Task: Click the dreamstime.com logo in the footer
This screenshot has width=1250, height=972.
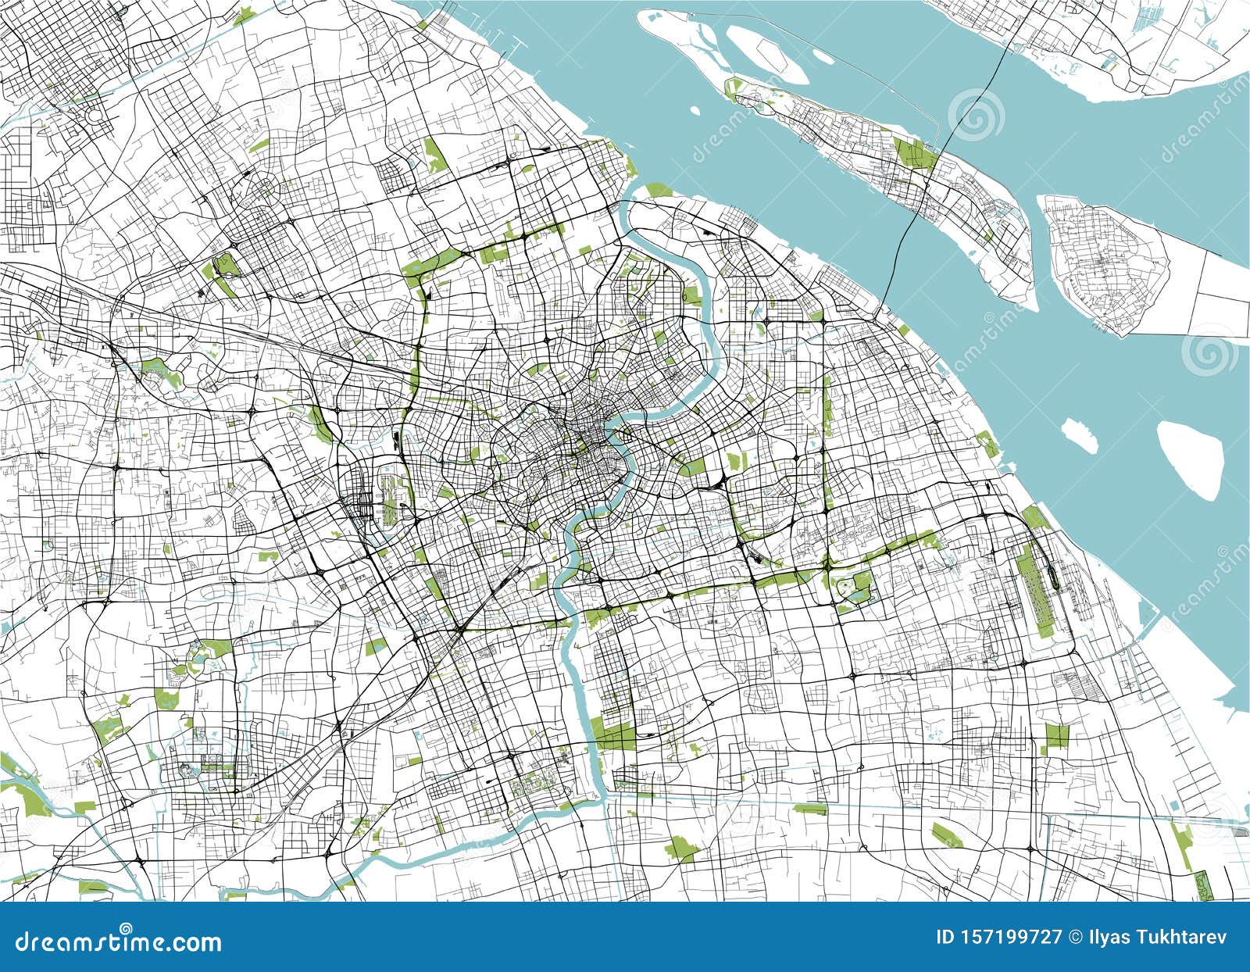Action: click(x=119, y=942)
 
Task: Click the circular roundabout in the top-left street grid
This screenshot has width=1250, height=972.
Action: click(x=95, y=116)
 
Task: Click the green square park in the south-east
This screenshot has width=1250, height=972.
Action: click(x=1056, y=735)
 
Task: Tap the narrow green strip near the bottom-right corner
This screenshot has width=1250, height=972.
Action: click(x=1184, y=844)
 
